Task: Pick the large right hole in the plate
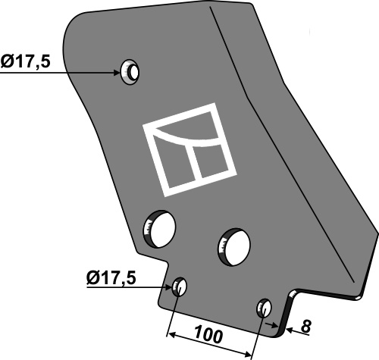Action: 234,244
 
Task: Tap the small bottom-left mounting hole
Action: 180,288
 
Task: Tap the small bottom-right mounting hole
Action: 264,308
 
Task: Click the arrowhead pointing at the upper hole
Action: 117,73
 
